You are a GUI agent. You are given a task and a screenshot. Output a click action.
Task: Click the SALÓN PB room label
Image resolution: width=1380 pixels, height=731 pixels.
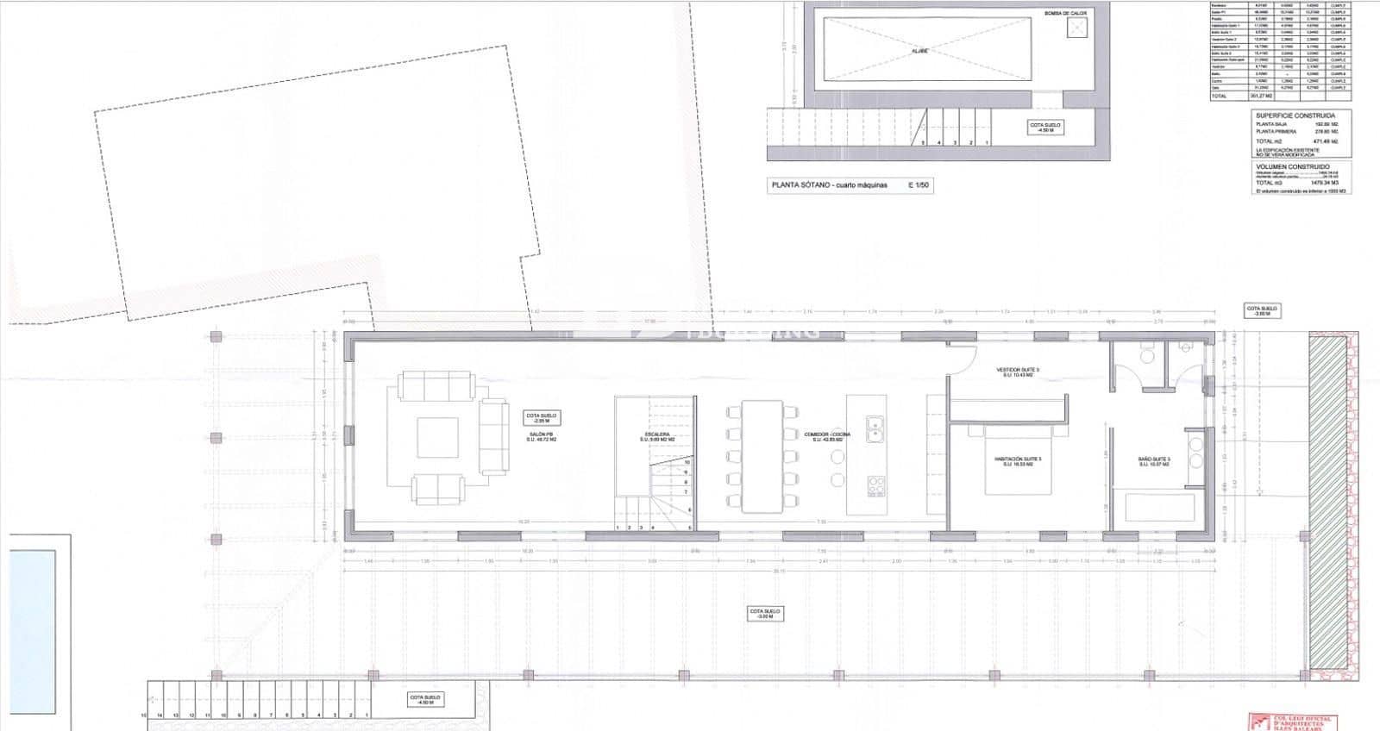(x=542, y=439)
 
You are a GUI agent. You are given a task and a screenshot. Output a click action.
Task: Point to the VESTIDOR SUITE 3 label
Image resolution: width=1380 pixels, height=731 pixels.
(x=1020, y=372)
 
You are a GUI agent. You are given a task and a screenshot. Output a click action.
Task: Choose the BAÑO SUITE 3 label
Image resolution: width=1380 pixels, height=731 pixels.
(x=1152, y=462)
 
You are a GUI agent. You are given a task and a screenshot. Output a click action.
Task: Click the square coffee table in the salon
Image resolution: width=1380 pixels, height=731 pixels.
(x=437, y=437)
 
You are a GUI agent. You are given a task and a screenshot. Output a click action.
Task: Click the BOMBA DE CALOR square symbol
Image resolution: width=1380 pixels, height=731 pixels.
(x=1077, y=28)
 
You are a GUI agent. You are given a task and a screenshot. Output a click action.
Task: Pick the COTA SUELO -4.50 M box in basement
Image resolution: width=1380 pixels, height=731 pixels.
(x=1045, y=128)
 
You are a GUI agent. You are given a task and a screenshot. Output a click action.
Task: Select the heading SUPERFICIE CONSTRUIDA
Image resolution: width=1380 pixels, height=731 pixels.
(x=1295, y=116)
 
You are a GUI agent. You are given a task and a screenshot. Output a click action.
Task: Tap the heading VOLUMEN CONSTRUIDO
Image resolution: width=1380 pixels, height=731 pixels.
(x=1293, y=166)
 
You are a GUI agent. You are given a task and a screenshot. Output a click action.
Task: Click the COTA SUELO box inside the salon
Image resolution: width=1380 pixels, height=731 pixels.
(x=542, y=418)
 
